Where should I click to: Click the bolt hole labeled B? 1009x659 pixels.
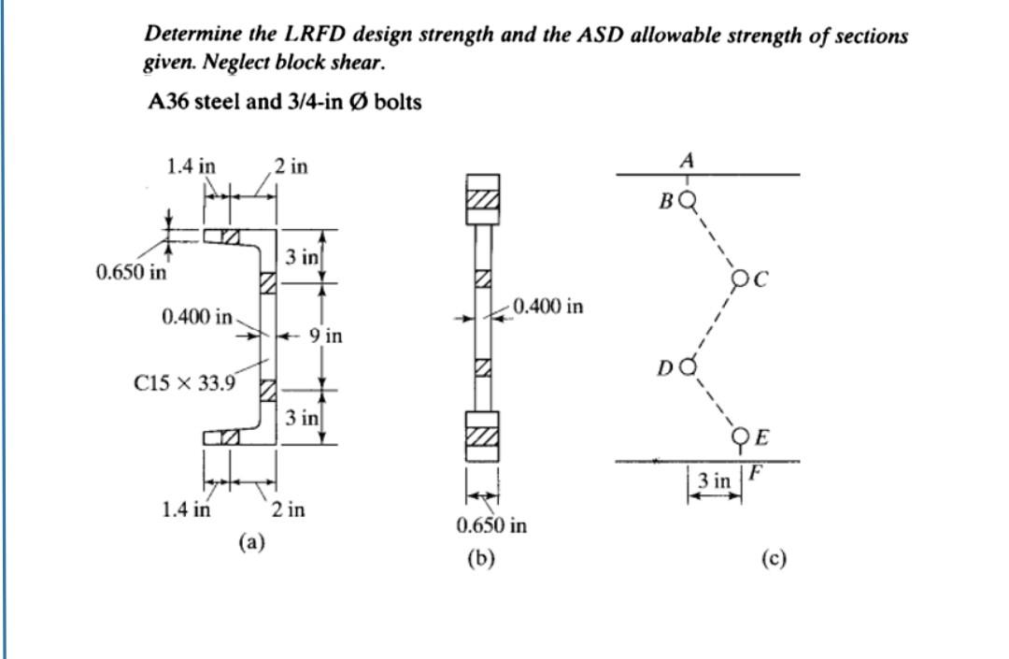pyautogui.click(x=689, y=199)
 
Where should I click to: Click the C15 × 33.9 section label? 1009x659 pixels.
pyautogui.click(x=185, y=380)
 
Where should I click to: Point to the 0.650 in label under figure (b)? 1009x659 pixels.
pyautogui.click(x=491, y=525)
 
